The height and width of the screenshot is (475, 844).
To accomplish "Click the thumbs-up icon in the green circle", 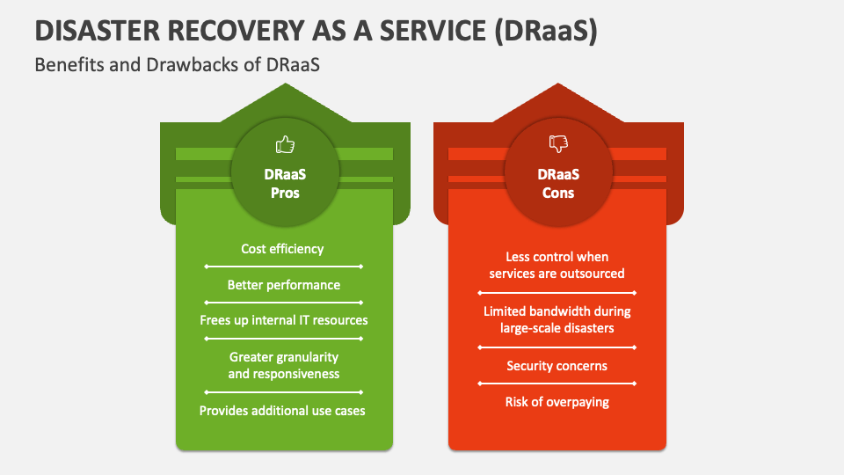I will point(285,144).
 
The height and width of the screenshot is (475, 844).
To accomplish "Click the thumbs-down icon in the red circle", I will point(557,144).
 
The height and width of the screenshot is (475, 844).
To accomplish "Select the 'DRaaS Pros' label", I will point(285,184).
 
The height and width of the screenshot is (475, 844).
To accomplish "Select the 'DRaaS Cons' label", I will point(557,184).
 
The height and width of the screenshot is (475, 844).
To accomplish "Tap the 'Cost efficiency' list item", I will point(283,249).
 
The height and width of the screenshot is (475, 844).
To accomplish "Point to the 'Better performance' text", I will point(283,285).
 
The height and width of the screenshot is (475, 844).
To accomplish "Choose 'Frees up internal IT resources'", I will point(283,320).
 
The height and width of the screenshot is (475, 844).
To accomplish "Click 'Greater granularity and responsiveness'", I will point(283,365).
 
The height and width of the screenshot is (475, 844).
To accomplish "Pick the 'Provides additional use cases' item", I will point(283,411).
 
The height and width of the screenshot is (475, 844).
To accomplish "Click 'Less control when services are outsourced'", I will point(557,265).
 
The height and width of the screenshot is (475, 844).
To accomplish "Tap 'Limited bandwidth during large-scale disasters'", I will point(557,319).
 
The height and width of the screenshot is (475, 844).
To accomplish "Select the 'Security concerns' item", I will point(557,366).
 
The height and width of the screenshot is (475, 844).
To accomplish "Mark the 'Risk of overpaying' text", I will point(557,402).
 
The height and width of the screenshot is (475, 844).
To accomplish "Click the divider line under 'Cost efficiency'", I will point(283,266).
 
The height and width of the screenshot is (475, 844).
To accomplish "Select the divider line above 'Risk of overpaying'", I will point(557,384).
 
